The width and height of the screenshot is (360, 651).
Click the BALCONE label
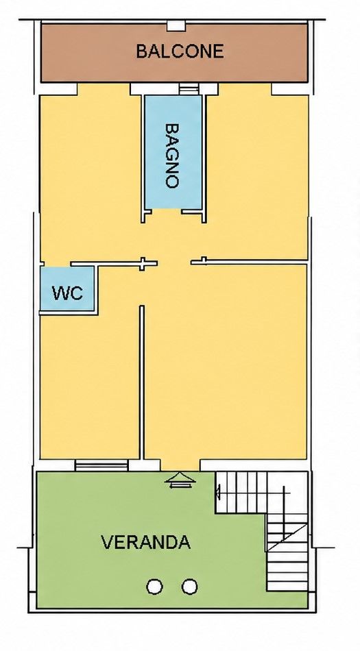click(x=180, y=51)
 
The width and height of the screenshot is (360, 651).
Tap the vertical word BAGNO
click(x=172, y=156)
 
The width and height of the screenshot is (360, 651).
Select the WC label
click(x=67, y=293)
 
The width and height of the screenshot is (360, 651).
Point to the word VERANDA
click(x=146, y=542)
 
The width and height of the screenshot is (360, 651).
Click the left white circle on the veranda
click(x=154, y=587)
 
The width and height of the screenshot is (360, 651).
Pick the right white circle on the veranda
click(x=189, y=587)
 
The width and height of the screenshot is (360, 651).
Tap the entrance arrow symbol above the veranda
click(x=180, y=480)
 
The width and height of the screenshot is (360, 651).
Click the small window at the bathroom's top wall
click(x=189, y=89)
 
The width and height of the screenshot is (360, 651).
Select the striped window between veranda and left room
click(x=101, y=465)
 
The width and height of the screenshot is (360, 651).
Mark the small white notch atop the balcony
click(x=176, y=26)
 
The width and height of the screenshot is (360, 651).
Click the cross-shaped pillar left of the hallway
click(x=143, y=264)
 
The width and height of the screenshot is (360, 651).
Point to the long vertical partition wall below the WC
click(x=141, y=382)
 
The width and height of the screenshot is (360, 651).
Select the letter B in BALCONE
click(x=141, y=51)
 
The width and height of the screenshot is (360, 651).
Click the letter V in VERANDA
click(x=107, y=542)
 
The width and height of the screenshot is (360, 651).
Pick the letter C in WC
click(x=76, y=293)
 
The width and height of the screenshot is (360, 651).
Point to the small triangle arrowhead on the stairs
click(x=217, y=492)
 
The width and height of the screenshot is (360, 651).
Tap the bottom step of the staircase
click(x=287, y=586)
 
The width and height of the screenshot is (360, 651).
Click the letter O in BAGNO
click(x=172, y=182)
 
